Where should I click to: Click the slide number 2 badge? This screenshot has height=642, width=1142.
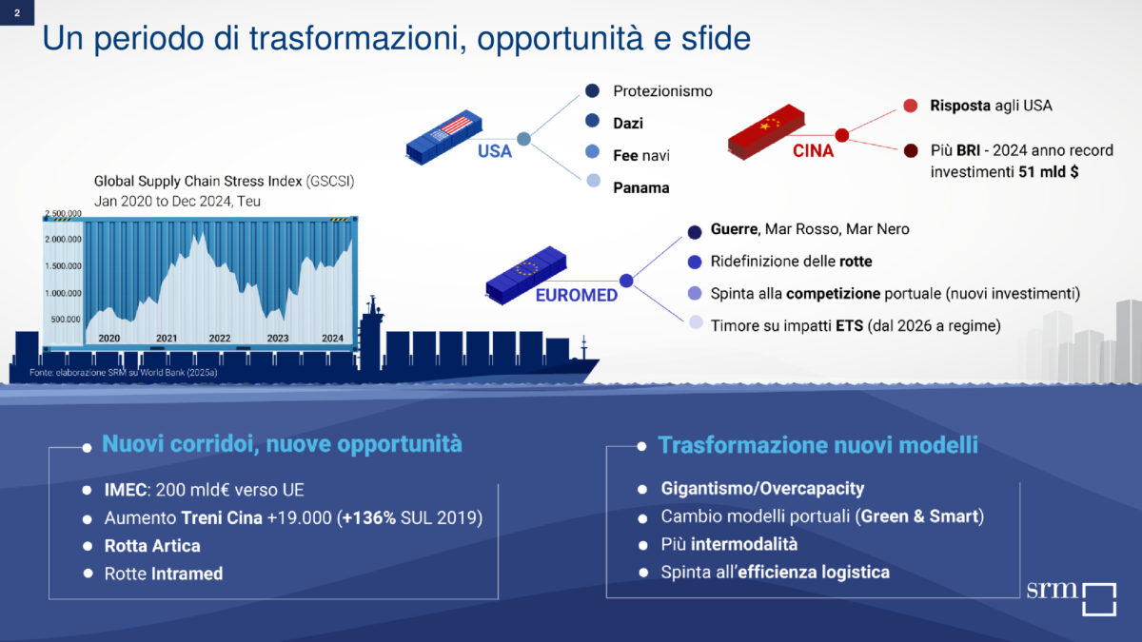[17, 12]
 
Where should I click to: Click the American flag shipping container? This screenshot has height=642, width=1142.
[444, 137]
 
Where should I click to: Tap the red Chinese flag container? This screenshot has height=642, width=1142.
[766, 132]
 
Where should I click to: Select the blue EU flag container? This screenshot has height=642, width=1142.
[525, 275]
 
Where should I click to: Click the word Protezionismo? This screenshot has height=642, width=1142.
[662, 91]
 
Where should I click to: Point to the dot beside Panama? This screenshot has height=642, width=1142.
[593, 181]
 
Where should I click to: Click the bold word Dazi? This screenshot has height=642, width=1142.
[628, 124]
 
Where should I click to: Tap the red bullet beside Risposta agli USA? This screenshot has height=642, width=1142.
[911, 106]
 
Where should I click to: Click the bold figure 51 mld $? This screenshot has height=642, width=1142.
[1048, 172]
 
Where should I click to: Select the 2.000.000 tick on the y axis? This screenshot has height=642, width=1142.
[63, 239]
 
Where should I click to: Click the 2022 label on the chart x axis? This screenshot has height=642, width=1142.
[220, 339]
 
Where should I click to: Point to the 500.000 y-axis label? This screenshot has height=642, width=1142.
[66, 320]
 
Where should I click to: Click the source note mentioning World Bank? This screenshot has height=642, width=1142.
[124, 373]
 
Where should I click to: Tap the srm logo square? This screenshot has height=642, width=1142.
[1099, 599]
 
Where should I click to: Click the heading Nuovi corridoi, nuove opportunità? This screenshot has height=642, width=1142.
[282, 444]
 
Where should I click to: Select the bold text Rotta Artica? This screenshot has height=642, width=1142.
[152, 546]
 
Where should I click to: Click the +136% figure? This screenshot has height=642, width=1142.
[368, 517]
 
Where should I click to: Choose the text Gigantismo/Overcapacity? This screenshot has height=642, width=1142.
[762, 489]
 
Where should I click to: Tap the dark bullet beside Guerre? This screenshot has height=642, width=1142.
[695, 232]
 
